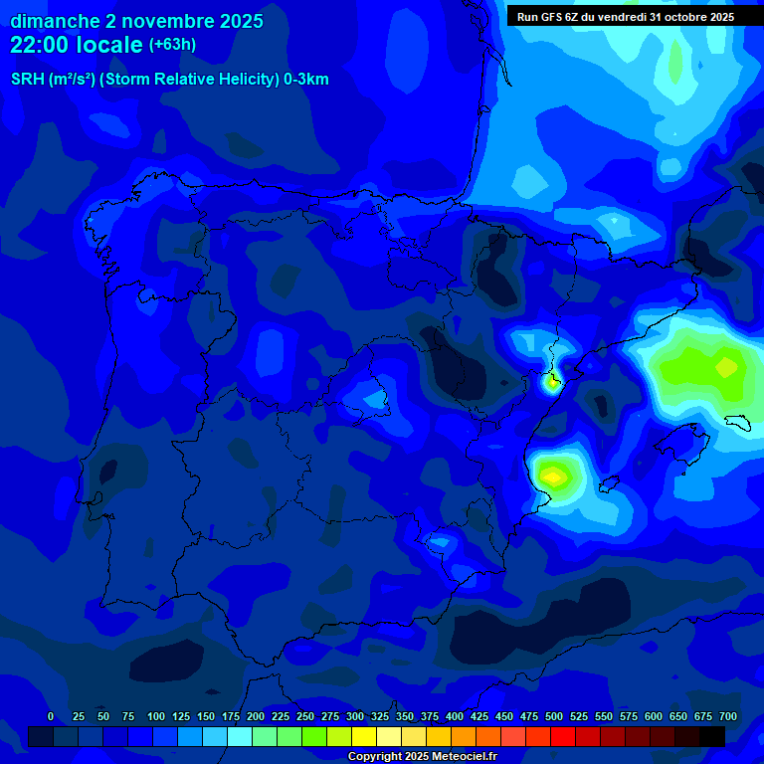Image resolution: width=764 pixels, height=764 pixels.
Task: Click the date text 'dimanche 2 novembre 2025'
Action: coord(136,21)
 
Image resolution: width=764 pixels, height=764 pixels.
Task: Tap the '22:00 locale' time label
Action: coord(77,45)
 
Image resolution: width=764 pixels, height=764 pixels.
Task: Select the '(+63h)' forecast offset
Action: coord(172,45)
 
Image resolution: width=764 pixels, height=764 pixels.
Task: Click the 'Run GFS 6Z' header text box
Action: coord(625,17)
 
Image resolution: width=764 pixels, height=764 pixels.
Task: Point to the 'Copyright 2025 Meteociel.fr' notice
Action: coord(422,757)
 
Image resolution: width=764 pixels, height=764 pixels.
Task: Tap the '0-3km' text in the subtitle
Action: coord(306,80)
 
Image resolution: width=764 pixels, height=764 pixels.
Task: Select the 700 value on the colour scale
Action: coord(727,716)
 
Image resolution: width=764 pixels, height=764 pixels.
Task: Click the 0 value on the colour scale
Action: coord(51,716)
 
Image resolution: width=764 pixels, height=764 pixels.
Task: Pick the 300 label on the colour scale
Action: coord(355,716)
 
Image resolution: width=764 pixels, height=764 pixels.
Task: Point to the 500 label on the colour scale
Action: coord(554,716)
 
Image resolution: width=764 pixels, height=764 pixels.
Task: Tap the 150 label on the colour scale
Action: coord(206,716)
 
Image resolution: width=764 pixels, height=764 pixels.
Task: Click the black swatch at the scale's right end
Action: coord(712,736)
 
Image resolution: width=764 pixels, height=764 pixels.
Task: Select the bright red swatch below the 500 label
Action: coord(563,736)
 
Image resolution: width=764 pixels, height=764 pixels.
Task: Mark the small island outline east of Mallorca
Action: coord(737,422)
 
